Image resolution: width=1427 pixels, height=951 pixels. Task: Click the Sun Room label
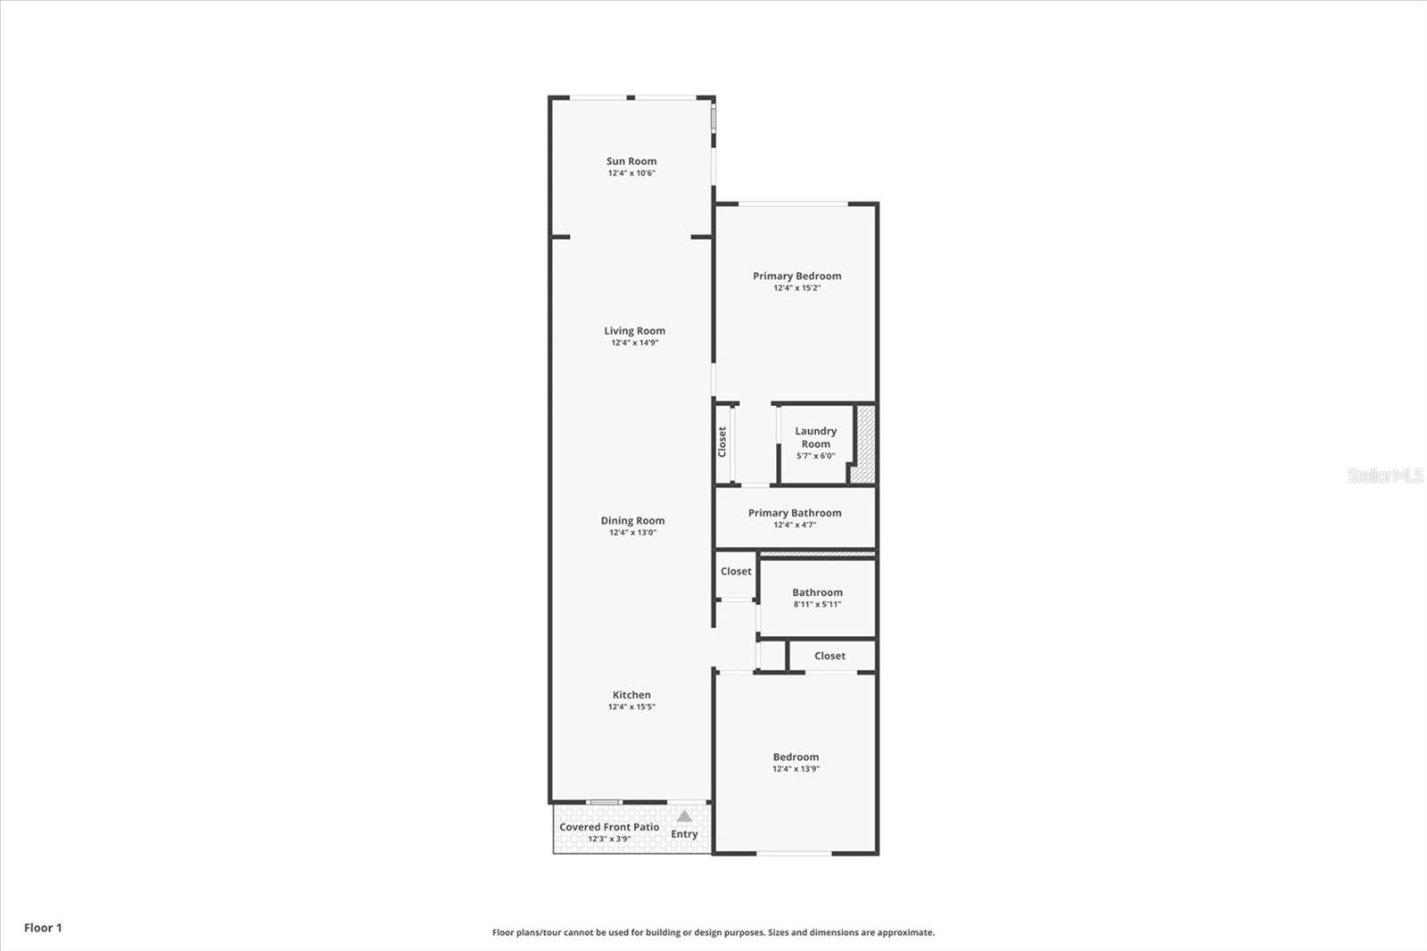click(x=631, y=161)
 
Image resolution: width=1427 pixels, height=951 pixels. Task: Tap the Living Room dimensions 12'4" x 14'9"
click(x=634, y=343)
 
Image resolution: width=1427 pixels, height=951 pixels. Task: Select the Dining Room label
click(x=632, y=520)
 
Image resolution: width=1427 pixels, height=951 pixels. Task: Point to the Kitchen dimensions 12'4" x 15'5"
click(x=631, y=707)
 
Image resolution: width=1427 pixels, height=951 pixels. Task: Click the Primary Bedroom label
click(x=796, y=276)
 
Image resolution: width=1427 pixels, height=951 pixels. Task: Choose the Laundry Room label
click(x=815, y=437)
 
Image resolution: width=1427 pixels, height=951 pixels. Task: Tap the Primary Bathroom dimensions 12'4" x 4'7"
click(x=795, y=525)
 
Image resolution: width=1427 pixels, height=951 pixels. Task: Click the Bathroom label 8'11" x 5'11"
click(x=817, y=592)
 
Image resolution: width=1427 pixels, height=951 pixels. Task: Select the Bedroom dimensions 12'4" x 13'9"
click(x=796, y=769)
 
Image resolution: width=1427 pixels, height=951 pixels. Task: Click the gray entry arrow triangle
click(x=684, y=815)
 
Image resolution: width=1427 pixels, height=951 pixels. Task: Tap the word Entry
click(x=684, y=834)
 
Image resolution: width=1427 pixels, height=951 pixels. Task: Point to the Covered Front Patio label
click(x=609, y=827)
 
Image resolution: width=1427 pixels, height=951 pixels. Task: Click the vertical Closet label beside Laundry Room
click(x=722, y=442)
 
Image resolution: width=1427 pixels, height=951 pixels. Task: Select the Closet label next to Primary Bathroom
click(x=736, y=571)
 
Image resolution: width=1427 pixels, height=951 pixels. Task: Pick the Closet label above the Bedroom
click(x=829, y=656)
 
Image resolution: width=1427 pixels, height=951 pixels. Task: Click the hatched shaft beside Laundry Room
click(x=864, y=444)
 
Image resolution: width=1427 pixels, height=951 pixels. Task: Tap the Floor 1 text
click(x=43, y=928)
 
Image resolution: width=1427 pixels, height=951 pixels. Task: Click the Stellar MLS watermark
click(x=1384, y=475)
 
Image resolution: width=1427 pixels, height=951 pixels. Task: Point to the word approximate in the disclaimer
click(x=905, y=932)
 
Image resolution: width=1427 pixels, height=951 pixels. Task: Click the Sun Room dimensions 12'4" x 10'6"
click(x=631, y=173)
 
